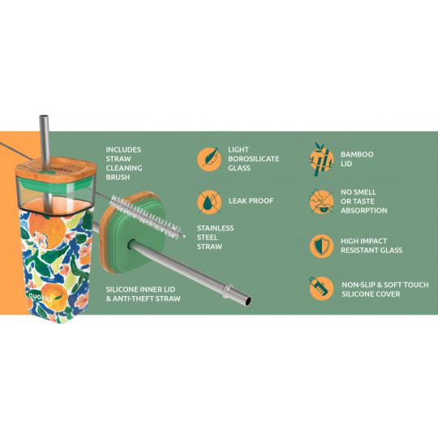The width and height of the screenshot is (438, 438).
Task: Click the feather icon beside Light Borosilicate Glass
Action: (x=209, y=159)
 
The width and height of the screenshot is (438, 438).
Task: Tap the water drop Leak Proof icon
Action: (x=209, y=202)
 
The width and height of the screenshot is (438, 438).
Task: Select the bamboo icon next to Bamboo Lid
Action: (x=321, y=159)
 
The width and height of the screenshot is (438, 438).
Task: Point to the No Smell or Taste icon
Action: (x=321, y=202)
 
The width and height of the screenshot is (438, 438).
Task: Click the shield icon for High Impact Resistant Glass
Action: (x=321, y=246)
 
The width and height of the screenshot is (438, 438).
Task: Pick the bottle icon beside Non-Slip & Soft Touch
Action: (x=321, y=288)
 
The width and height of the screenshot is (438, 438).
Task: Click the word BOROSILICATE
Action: (x=254, y=159)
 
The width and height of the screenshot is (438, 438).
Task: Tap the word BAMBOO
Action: (x=357, y=154)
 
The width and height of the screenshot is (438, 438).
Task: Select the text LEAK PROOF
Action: (x=251, y=201)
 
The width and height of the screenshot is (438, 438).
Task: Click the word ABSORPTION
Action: (x=364, y=211)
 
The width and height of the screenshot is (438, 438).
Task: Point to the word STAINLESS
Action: (x=216, y=228)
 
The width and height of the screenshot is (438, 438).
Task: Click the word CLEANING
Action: (x=124, y=168)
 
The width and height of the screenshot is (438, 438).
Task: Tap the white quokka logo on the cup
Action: (x=41, y=297)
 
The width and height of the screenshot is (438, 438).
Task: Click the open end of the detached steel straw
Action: (x=247, y=301)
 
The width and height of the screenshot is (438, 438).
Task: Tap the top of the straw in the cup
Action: (x=44, y=116)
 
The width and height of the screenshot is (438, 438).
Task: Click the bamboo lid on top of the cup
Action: (x=56, y=168)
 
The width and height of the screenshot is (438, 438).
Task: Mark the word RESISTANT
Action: (x=357, y=251)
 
